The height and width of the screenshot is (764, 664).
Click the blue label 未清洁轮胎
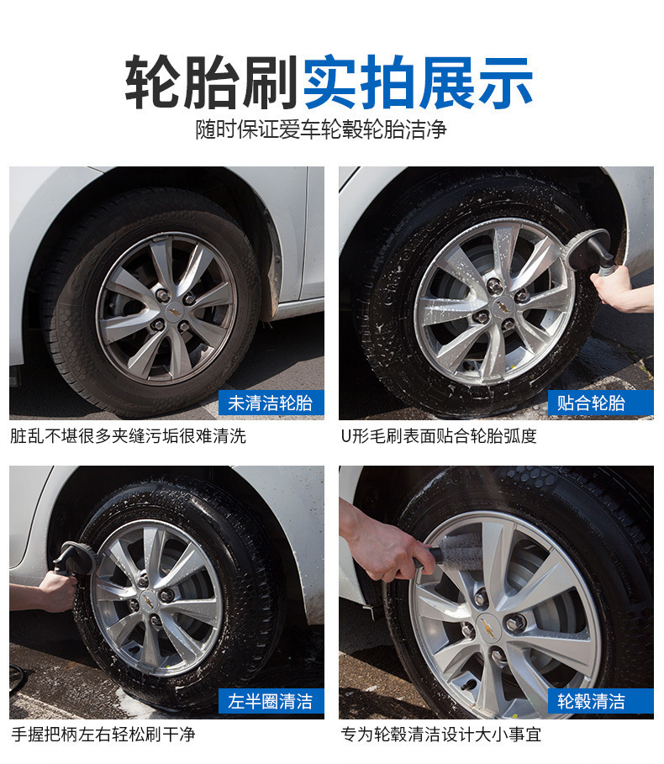[271, 403]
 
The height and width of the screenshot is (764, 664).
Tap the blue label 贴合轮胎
[601, 403]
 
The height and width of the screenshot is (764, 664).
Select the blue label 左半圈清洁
[271, 701]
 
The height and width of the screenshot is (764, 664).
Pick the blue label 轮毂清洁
[601, 701]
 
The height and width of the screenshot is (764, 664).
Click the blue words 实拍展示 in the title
[418, 82]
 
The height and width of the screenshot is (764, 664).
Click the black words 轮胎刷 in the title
[210, 82]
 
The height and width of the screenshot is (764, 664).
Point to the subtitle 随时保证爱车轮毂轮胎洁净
[321, 129]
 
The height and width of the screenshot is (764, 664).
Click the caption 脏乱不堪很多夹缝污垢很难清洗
[128, 435]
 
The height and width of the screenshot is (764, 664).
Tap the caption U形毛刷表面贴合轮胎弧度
[439, 435]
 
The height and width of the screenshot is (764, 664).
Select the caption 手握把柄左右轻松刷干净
[103, 734]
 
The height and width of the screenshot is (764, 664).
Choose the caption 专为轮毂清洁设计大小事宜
[441, 734]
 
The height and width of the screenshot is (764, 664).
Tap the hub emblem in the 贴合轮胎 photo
[500, 307]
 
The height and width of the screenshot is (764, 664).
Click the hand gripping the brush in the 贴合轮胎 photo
[613, 287]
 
